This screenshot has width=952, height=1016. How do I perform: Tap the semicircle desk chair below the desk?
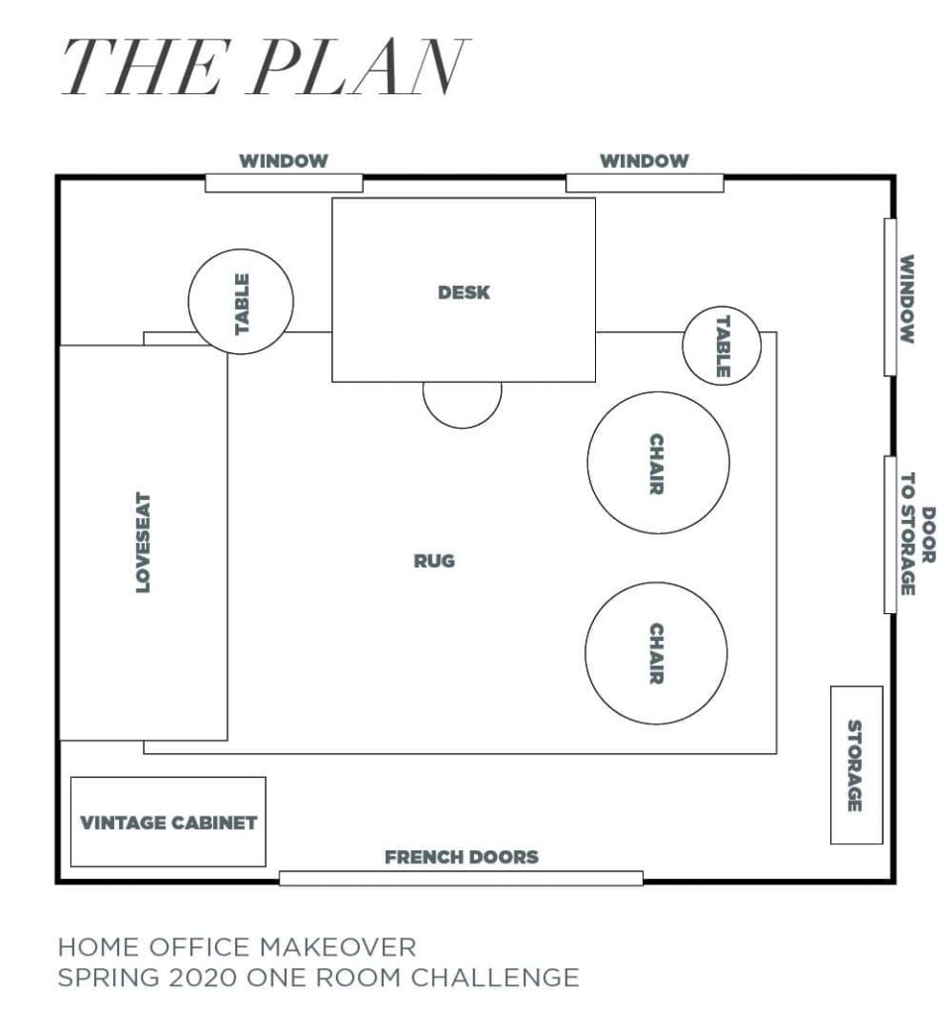pos(462,402)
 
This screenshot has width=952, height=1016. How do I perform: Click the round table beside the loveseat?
pos(241,301)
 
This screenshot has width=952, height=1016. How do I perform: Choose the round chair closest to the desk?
pos(657,462)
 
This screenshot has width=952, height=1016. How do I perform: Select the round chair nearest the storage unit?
pos(655,653)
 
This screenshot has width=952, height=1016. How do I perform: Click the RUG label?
pos(434,561)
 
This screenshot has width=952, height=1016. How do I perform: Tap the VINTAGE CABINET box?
pos(169,822)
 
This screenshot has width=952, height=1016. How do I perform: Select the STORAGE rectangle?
pos(856,765)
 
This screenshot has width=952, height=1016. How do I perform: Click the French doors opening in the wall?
pos(461,877)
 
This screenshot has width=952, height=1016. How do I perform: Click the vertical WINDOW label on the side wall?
pos(906,299)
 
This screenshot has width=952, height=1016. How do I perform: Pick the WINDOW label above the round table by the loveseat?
pos(284,161)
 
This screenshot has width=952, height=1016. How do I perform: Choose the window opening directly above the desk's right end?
pos(645,183)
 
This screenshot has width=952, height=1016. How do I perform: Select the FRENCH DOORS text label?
pos(461,856)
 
